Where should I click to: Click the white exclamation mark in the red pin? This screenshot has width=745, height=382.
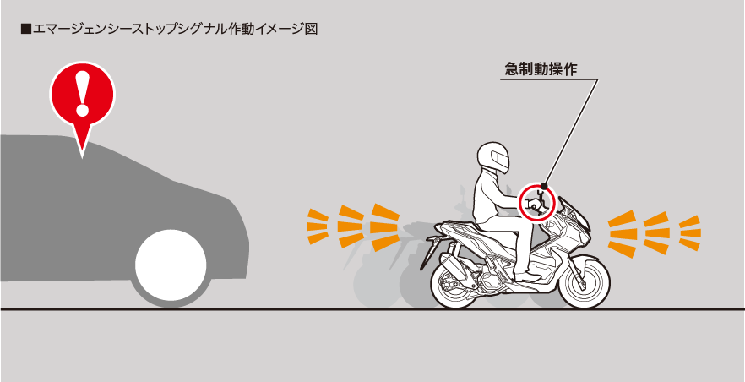83,94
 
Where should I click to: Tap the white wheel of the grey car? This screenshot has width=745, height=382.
171,265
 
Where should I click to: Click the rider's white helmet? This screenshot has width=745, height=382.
492,158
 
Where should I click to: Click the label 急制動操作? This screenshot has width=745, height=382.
541,70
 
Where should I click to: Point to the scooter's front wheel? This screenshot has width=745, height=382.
583,281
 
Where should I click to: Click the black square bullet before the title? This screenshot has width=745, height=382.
25,29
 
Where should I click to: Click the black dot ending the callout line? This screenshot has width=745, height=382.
545,185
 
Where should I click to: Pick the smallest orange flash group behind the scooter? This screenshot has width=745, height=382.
318,226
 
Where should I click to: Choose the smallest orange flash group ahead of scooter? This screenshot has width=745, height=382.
690,232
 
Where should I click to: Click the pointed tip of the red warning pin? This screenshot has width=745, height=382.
82,158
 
